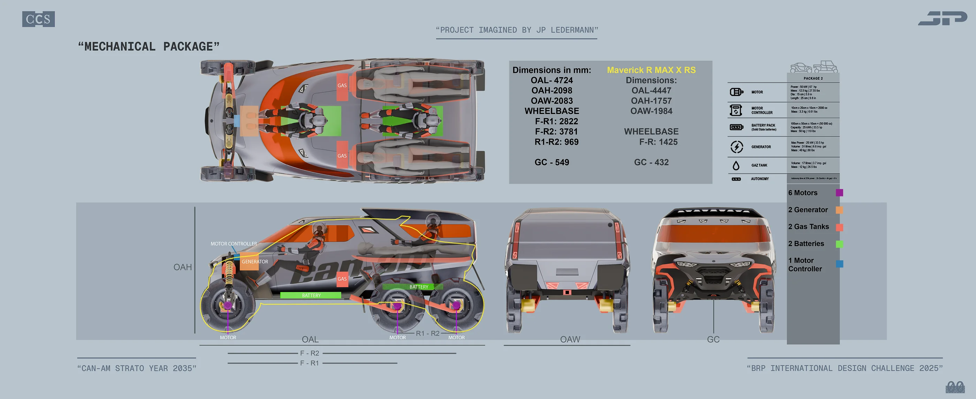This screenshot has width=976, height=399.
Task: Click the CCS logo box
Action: tap(38, 19)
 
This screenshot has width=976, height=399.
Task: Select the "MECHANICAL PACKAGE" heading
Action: tap(148, 47)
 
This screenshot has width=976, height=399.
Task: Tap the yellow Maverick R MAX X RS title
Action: tap(651, 70)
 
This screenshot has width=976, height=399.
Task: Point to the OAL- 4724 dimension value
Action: tap(551, 80)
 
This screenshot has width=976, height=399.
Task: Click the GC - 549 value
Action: tap(551, 162)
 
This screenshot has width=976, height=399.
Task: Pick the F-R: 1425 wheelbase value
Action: tap(658, 142)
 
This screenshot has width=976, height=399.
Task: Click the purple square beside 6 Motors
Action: tap(839, 192)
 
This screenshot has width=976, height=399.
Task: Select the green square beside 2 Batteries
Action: tap(839, 244)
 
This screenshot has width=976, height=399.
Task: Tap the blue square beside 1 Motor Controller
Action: tap(839, 264)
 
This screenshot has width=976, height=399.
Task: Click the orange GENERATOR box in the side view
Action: tap(249, 262)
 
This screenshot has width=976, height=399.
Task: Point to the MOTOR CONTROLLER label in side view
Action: tap(234, 244)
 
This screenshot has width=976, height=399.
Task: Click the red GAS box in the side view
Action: tap(342, 279)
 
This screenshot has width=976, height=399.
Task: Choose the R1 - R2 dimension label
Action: tap(427, 333)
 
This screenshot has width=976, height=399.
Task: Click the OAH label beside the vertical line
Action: tap(182, 267)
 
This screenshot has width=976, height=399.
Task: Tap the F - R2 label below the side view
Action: tap(310, 353)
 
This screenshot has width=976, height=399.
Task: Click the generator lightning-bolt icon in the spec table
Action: tap(736, 147)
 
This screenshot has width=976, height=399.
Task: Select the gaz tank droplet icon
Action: tap(736, 166)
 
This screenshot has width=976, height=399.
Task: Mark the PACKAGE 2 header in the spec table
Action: tap(813, 78)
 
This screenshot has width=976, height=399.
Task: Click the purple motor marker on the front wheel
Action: tap(227, 305)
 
